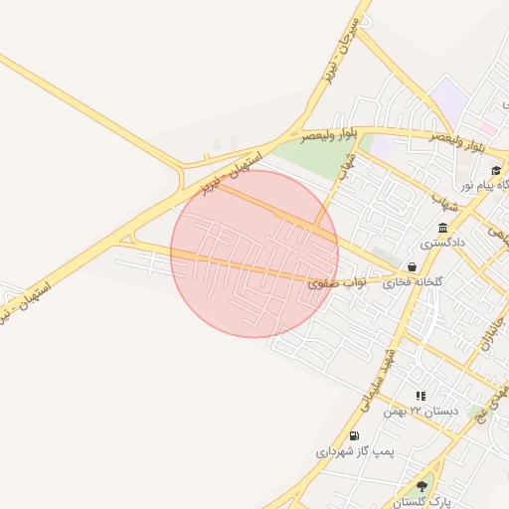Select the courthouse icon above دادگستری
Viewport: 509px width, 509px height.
coord(442,228)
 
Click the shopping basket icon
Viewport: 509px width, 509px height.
coord(412,266)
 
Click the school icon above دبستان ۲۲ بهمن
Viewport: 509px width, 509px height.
coord(421,396)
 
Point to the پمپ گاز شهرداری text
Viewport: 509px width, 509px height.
coord(356,451)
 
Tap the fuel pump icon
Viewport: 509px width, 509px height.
coord(354,436)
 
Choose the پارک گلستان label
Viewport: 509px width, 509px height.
coord(424,501)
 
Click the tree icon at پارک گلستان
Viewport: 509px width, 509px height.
coord(422,486)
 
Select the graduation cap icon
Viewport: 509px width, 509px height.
coord(496,170)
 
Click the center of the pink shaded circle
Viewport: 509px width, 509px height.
coord(254,254)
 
